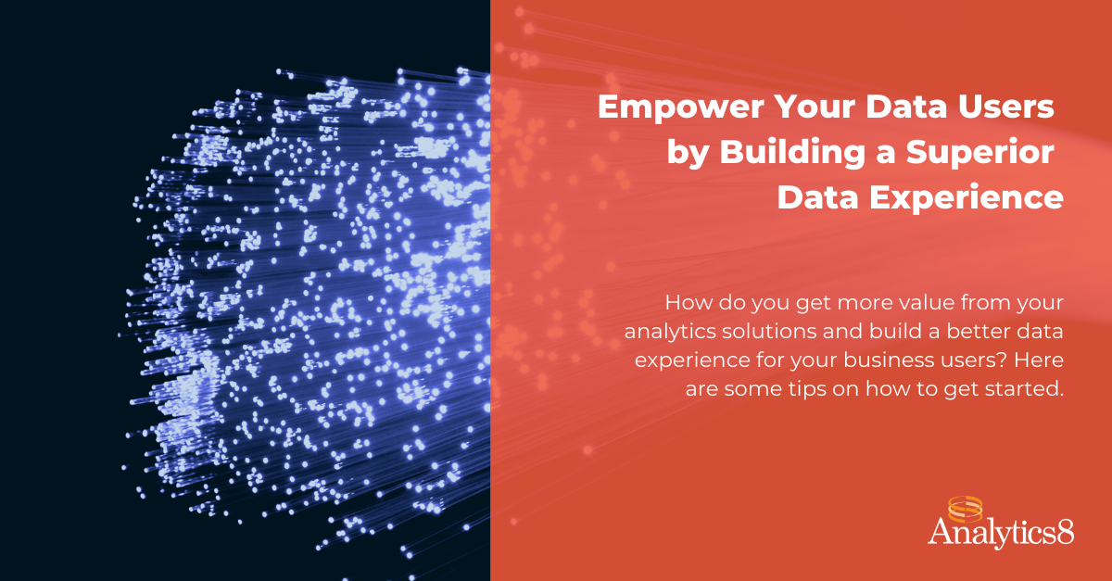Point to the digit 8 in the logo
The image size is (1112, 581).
tap(1065, 535)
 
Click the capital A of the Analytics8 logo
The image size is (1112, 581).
tap(940, 533)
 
